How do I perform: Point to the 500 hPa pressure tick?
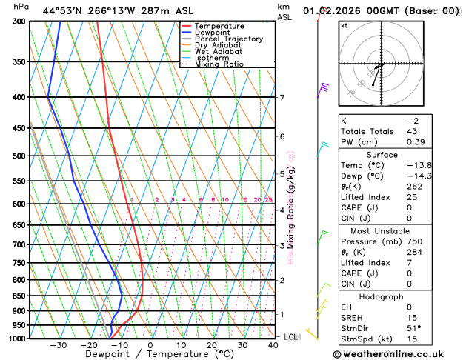point(20,156)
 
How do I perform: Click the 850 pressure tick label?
point(20,296)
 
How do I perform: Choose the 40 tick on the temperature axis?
point(273,345)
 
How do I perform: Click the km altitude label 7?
point(282,98)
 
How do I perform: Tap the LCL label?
point(291,336)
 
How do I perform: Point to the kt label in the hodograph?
point(344,25)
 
